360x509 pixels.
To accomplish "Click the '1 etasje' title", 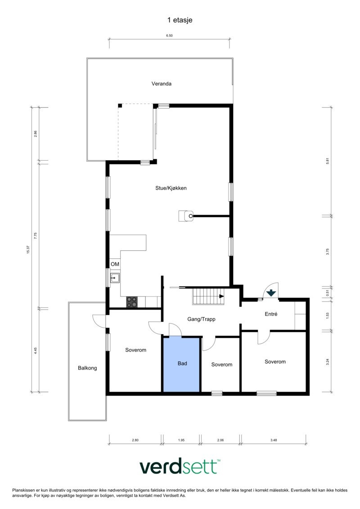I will click(180, 20).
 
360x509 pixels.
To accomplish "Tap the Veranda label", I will click(161, 84).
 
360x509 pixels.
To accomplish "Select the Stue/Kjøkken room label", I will click(168, 188).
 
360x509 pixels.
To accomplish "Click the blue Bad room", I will click(182, 364).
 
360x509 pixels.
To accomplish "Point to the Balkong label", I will click(87, 368).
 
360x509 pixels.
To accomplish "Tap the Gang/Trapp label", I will click(201, 319).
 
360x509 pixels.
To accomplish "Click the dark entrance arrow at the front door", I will click(271, 293).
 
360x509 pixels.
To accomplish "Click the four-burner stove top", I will click(131, 302).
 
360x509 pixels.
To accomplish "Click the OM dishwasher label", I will click(115, 264).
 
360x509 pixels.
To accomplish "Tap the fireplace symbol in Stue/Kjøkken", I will click(186, 216).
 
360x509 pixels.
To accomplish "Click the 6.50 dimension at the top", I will click(169, 36).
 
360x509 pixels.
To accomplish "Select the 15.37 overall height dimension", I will click(28, 249).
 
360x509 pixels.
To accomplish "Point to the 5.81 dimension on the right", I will click(328, 161).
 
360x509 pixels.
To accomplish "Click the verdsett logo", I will click(180, 467).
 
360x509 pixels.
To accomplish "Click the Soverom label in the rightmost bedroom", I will click(275, 361).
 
